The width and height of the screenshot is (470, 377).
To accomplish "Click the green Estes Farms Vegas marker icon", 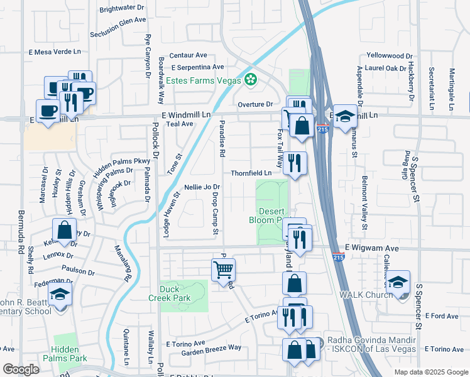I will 251,79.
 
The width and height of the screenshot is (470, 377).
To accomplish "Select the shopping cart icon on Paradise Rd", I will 224,270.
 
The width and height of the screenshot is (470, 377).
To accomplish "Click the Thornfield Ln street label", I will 251,173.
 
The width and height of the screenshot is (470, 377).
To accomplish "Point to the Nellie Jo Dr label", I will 202,187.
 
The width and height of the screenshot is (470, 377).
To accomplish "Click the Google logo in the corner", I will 21,369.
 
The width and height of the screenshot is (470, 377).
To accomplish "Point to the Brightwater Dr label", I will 122,9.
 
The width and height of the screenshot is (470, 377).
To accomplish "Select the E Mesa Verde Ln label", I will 55,52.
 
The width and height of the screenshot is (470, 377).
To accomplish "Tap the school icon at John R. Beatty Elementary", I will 60,294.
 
